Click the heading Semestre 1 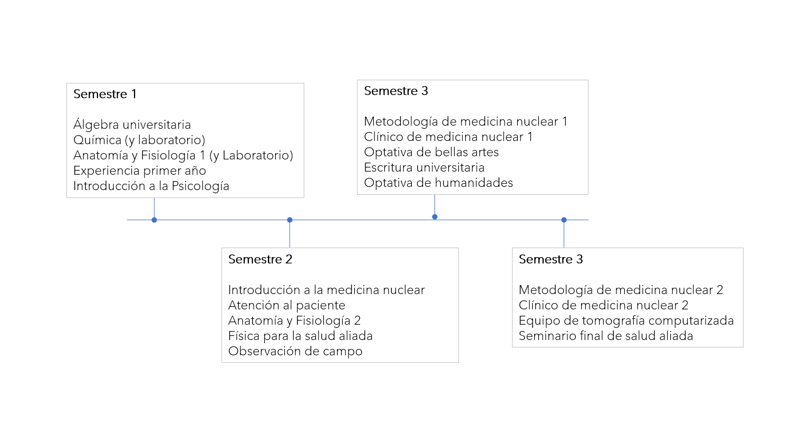[105, 94]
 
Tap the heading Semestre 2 [260, 259]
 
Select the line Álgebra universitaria [132, 125]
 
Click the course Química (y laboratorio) [139, 140]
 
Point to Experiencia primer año [139, 171]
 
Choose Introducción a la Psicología [151, 186]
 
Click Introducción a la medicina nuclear [326, 290]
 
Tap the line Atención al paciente [286, 305]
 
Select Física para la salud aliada [300, 336]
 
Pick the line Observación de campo [295, 351]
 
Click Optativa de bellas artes [431, 152]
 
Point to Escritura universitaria [424, 167]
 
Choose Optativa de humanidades [438, 183]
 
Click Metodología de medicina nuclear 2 [621, 290]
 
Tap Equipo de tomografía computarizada [626, 320]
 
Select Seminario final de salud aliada [606, 336]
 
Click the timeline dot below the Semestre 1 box [154, 220]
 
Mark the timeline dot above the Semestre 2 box [289, 220]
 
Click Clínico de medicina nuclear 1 [448, 137]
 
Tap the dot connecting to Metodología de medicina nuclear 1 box [435, 216]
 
